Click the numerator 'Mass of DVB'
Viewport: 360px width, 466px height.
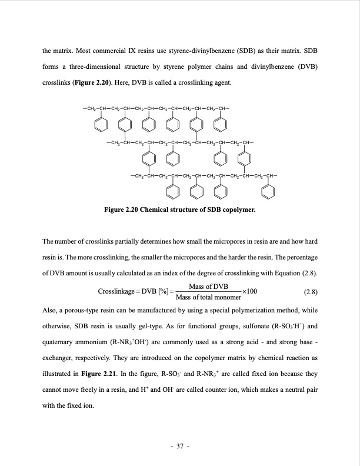click(208, 286)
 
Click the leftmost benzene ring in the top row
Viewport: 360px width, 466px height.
click(101, 125)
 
